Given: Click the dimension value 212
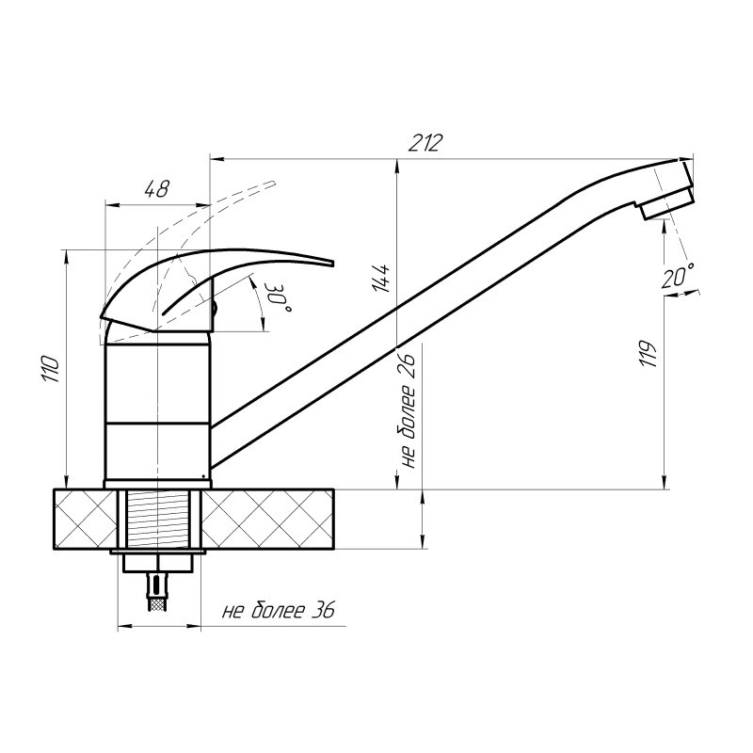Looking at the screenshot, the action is [x=425, y=143].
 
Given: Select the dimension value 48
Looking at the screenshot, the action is [x=157, y=189].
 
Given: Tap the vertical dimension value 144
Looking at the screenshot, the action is [x=381, y=278].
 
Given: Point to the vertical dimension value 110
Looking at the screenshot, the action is [x=52, y=369].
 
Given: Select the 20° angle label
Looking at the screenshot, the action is [x=677, y=275].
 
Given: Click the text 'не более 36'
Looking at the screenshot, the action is [x=279, y=611].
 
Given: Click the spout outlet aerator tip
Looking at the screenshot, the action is [x=667, y=204].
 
